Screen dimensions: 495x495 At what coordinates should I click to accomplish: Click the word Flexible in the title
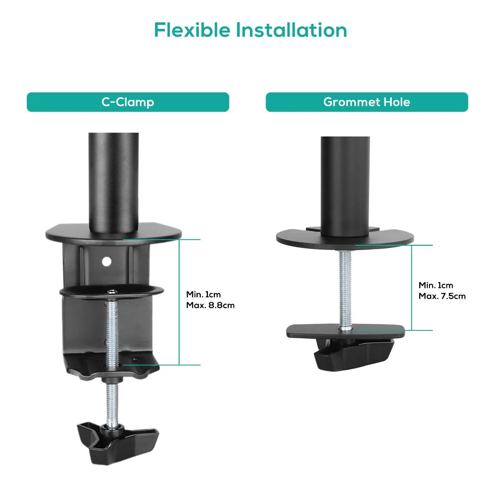(192, 30)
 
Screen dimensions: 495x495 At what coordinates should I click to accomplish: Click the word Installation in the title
(291, 30)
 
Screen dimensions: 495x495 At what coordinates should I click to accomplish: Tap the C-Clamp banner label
(127, 102)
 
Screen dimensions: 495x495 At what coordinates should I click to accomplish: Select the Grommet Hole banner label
(367, 102)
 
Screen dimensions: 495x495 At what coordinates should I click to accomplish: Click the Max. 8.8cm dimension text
(210, 305)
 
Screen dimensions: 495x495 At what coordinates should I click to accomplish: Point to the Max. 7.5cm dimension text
(442, 296)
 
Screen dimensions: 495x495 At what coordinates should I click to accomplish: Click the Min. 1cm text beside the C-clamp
(203, 294)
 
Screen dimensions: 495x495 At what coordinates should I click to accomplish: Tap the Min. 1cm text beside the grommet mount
(436, 285)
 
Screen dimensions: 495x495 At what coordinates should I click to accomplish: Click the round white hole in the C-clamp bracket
(106, 262)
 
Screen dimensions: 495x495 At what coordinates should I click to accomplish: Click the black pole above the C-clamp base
(113, 182)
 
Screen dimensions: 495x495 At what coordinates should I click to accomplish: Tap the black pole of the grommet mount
(345, 186)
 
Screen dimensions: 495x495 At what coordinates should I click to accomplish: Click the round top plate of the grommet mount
(345, 239)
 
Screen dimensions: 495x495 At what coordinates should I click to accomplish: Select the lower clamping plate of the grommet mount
(346, 332)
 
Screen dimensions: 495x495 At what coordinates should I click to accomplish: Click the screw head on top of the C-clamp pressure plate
(112, 292)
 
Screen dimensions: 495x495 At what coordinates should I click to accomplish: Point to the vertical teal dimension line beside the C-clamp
(179, 302)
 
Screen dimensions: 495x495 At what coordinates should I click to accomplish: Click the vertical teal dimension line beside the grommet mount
(411, 288)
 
